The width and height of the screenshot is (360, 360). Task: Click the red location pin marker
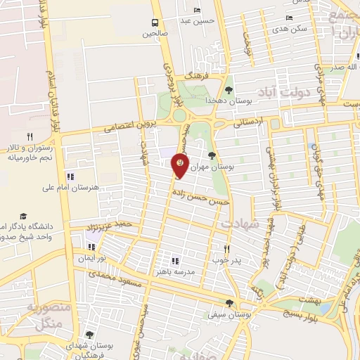tap(181, 165)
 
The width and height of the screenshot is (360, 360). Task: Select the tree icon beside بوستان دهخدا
tap(229, 89)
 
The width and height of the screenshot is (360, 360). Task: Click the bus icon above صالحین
tap(155, 22)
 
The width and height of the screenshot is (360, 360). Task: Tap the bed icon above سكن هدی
tap(289, 18)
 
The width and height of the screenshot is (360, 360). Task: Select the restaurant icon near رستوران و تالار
tap(29, 136)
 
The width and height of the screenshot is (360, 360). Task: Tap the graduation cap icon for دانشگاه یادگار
tap(22, 216)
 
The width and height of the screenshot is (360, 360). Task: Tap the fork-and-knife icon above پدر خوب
tap(226, 248)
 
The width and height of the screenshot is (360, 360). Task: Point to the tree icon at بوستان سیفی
tap(229, 303)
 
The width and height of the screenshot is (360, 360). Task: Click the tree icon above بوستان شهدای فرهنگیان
tap(89, 335)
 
